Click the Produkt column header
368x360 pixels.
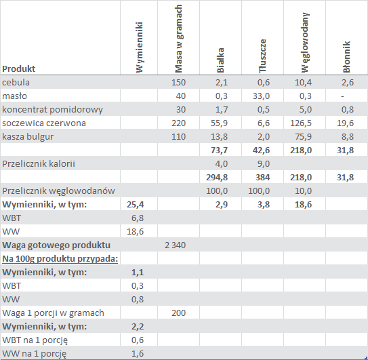(x=18, y=68)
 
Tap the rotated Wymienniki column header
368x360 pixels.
(x=139, y=47)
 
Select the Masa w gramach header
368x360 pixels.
(x=179, y=39)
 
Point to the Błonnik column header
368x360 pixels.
(x=346, y=57)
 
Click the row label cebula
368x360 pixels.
(x=16, y=83)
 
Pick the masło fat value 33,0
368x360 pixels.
(x=261, y=96)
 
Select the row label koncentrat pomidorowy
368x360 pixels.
(x=53, y=110)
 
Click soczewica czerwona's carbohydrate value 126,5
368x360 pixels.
(x=301, y=123)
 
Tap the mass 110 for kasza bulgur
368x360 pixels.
(x=179, y=137)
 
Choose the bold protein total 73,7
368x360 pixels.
(x=219, y=151)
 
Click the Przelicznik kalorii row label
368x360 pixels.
(x=39, y=163)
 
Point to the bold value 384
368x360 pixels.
(x=263, y=178)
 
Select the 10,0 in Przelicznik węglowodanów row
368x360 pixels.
(x=303, y=191)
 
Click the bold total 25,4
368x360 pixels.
(x=135, y=205)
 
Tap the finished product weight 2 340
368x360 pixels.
(x=176, y=245)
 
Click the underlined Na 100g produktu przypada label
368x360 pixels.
(x=60, y=259)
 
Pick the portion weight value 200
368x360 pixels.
(x=179, y=313)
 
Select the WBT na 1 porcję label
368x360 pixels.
(x=35, y=340)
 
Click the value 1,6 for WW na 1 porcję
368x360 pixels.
(x=138, y=354)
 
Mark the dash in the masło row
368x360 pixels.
(x=343, y=96)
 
